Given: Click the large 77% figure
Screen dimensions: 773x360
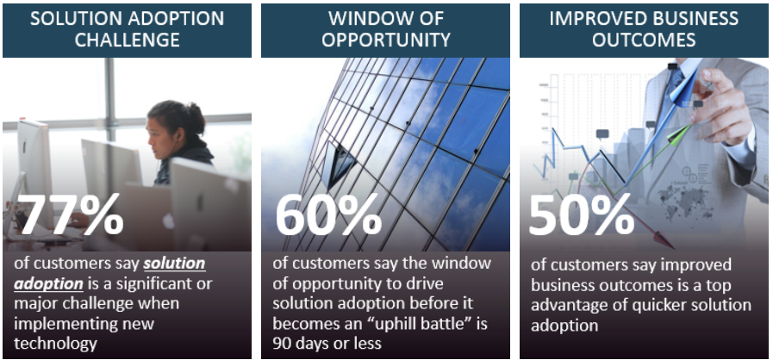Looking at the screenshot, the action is [70, 214].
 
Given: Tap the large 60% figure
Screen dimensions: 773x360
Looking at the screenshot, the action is [328, 214].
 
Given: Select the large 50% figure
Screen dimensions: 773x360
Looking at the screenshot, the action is [582, 214].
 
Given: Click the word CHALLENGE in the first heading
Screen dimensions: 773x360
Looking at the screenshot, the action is [127, 40].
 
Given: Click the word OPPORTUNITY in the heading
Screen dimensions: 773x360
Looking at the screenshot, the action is [385, 40].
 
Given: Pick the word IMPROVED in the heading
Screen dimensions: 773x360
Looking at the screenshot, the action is [595, 19].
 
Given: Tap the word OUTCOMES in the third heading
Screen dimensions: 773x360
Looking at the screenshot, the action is [644, 40].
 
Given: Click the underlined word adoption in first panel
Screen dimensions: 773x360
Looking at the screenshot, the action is [48, 284].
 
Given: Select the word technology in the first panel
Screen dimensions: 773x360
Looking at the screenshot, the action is [55, 344].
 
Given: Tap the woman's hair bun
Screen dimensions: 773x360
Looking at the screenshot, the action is [196, 111].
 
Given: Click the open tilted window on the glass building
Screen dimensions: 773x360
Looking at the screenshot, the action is [340, 166].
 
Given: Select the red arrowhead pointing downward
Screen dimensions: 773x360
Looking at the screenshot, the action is [664, 241].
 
